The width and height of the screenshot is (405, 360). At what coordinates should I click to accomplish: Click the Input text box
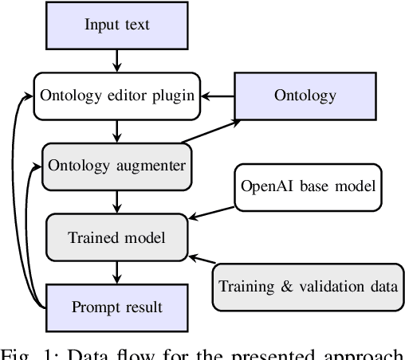click(117, 24)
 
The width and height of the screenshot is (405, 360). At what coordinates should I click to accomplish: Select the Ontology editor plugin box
click(117, 96)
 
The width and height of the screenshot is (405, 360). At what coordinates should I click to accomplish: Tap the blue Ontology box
click(294, 96)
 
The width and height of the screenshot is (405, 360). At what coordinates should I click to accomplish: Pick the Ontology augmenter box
click(117, 165)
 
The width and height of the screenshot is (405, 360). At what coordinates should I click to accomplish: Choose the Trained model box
click(117, 236)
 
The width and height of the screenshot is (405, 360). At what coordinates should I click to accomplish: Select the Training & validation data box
click(308, 286)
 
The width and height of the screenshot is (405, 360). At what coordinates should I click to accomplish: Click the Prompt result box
click(117, 307)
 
